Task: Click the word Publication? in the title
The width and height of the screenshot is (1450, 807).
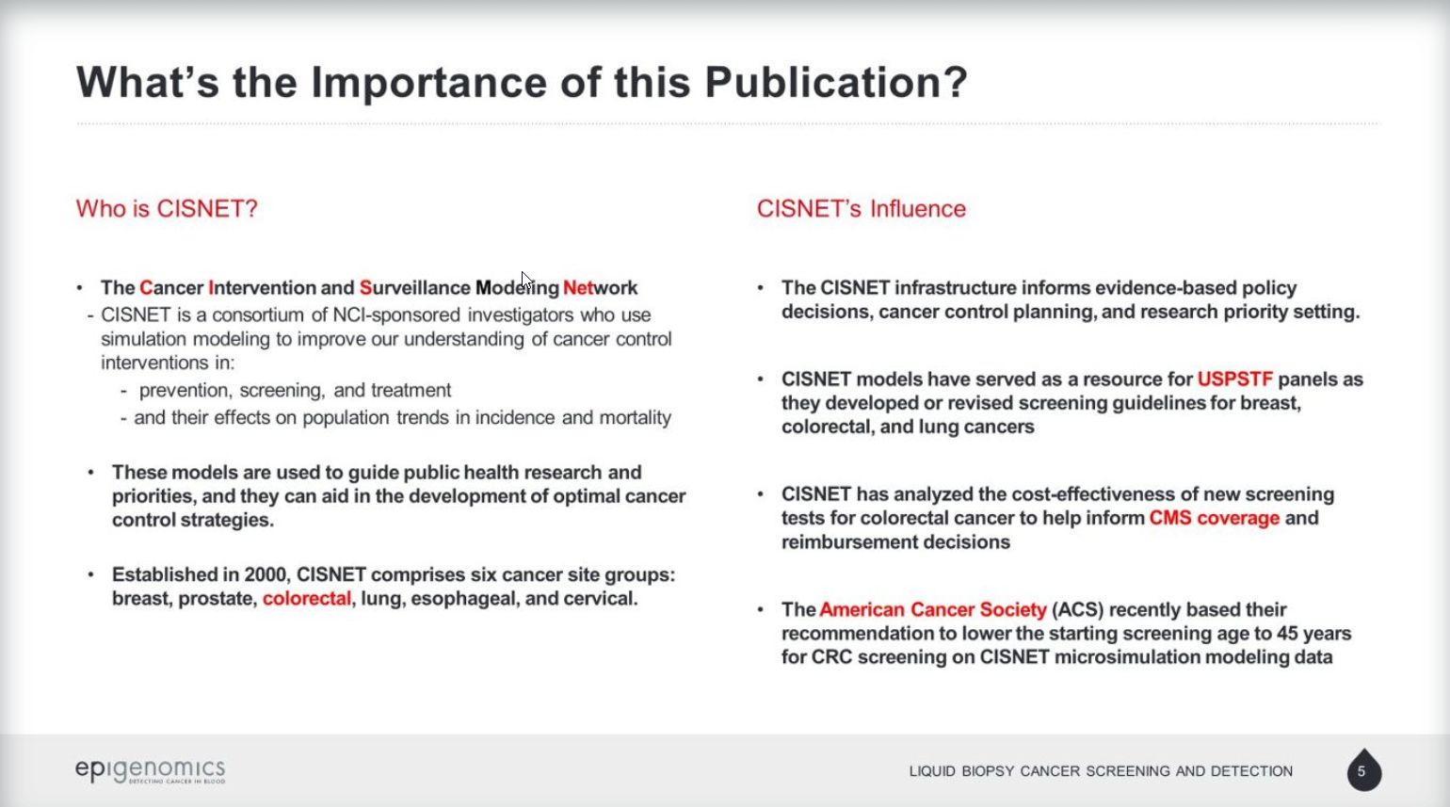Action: [x=836, y=82]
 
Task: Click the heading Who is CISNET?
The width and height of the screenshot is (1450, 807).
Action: [x=167, y=208]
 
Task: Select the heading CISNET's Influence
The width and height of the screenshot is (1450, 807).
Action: [x=861, y=208]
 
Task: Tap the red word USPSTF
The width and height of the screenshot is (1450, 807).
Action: [x=1234, y=379]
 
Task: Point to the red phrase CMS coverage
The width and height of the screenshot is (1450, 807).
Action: [x=1214, y=518]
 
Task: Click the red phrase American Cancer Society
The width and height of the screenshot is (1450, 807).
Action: [x=933, y=609]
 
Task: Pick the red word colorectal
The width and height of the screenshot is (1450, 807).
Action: [x=306, y=598]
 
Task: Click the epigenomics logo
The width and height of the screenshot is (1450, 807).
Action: [x=151, y=770]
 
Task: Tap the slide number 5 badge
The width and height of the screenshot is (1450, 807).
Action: [x=1364, y=770]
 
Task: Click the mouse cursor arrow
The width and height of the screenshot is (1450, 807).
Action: [x=525, y=281]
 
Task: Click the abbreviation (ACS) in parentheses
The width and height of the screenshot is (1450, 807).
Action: [x=1078, y=609]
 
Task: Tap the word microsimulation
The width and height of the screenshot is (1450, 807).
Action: [x=1124, y=657]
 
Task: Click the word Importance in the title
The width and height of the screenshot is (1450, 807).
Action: [x=428, y=82]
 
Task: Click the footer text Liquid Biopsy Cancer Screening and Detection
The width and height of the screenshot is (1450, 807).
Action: [x=1101, y=771]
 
